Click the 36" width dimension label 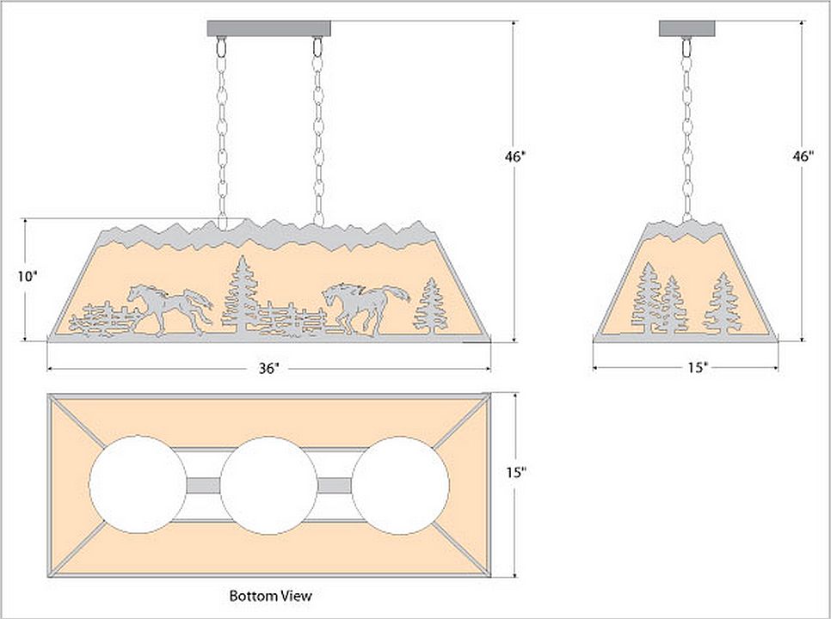tap(268, 368)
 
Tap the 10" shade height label tap(28, 277)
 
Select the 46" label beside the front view tap(515, 156)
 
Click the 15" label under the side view tap(697, 368)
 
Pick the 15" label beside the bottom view tap(517, 473)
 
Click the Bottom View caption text tap(270, 595)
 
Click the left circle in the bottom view tap(138, 485)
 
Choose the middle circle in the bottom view tap(269, 485)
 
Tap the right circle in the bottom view tap(402, 485)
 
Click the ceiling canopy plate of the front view tap(269, 28)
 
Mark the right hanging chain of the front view tap(319, 129)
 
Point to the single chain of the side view tap(687, 129)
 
